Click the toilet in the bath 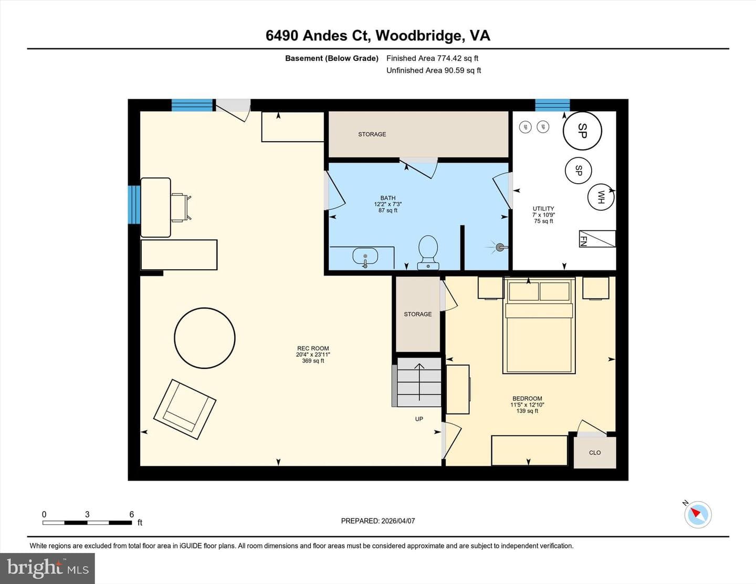coord(428,252)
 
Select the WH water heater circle coord(601,197)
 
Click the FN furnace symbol coord(597,239)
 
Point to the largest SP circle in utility coord(582,131)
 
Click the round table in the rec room coord(205,338)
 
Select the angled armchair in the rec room coord(185,409)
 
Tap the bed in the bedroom coord(539,326)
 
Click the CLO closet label coord(595,453)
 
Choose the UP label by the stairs coord(419,419)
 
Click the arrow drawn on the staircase coord(419,382)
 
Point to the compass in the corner coord(698,514)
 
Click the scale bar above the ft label coord(87,523)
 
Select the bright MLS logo coord(47,569)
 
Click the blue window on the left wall coord(134,205)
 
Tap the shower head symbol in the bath coord(499,247)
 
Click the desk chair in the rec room coord(181,208)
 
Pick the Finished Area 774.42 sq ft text coord(432,58)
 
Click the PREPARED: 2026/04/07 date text coord(378,521)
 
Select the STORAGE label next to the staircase coord(417,314)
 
